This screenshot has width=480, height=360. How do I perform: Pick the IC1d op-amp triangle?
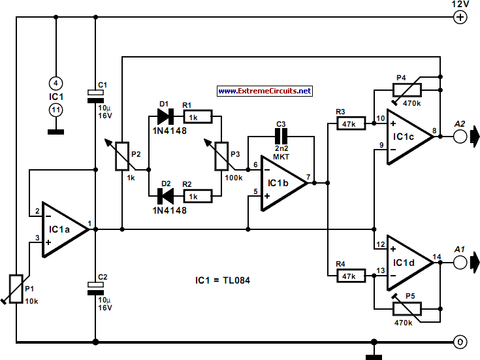(x=409, y=262)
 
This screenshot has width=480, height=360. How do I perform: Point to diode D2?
(x=165, y=195)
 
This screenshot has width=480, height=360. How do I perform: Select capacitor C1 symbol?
(x=95, y=97)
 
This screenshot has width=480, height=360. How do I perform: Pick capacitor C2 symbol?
(x=95, y=285)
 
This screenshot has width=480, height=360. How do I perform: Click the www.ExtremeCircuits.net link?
(x=264, y=91)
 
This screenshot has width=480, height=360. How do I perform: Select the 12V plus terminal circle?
(x=460, y=18)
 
